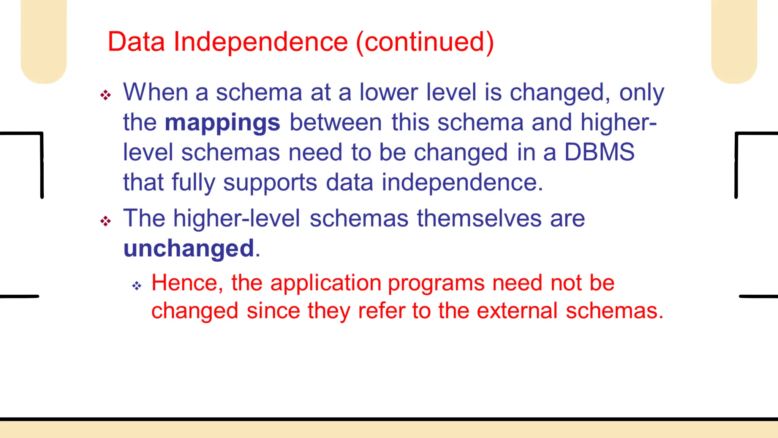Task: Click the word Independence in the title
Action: tap(261, 42)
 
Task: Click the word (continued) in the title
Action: tap(425, 42)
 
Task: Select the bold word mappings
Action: tap(222, 123)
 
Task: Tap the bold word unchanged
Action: tap(189, 249)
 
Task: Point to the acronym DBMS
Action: tap(599, 152)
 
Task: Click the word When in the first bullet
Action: tap(155, 92)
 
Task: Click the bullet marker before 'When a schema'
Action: tap(106, 95)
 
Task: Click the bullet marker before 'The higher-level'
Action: tap(106, 221)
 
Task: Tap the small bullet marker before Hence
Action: tap(137, 286)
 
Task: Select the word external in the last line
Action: tap(517, 311)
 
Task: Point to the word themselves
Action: tap(479, 219)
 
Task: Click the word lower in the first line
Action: tap(388, 92)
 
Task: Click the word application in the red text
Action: tap(326, 284)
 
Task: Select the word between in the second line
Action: tap(335, 123)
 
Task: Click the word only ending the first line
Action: tap(642, 93)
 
